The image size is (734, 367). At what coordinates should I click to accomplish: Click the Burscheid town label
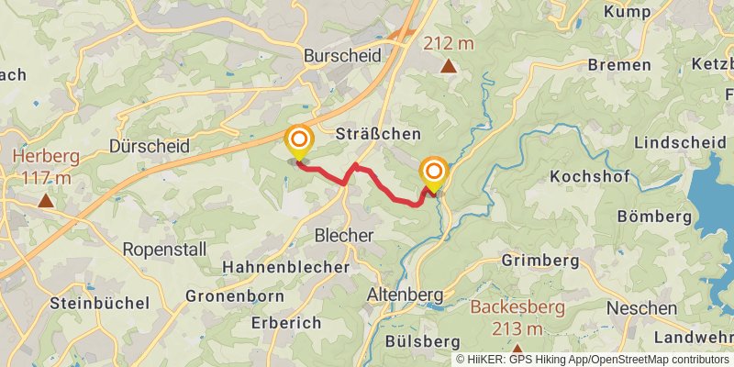[x=342, y=56]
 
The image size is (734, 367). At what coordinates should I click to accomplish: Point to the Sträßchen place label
[x=377, y=134]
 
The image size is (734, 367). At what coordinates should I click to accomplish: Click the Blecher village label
[x=344, y=236]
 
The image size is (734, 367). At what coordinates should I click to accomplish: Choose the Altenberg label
[x=405, y=295]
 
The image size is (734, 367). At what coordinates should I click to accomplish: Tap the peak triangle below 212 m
[x=448, y=66]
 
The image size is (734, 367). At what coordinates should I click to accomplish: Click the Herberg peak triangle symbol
[x=45, y=199]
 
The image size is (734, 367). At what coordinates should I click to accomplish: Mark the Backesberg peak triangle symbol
[x=517, y=350]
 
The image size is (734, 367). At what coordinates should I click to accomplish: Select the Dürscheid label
[x=149, y=146]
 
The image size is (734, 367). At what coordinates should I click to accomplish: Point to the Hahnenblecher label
[x=285, y=267]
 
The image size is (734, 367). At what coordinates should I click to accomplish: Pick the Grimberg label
[x=540, y=261]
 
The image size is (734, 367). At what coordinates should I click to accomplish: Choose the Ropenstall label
[x=164, y=250]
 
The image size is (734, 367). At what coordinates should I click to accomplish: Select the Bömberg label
[x=654, y=217]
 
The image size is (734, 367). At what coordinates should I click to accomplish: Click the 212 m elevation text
[x=449, y=43]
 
